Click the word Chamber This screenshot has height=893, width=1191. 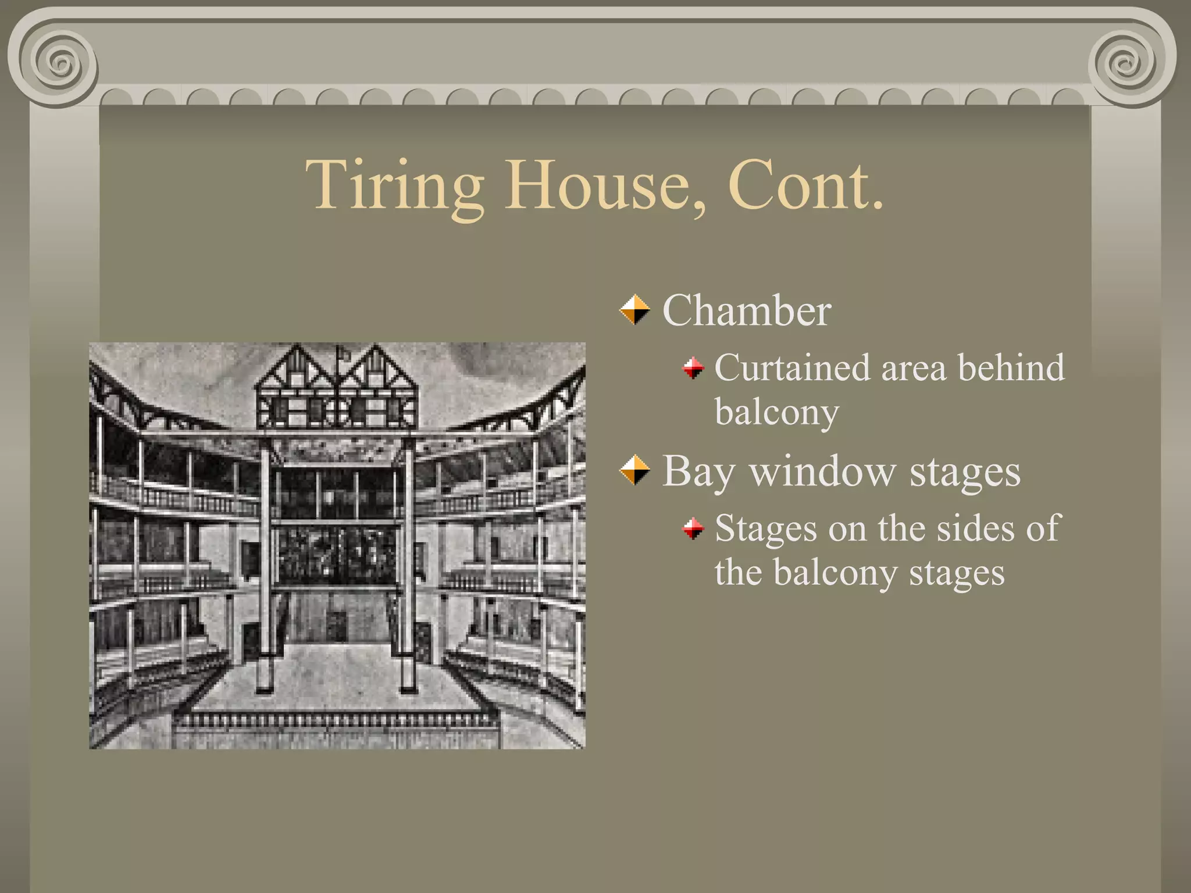pyautogui.click(x=747, y=310)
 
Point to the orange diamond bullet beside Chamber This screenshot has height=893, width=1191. pyautogui.click(x=634, y=310)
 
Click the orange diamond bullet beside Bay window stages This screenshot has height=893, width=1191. pyautogui.click(x=634, y=470)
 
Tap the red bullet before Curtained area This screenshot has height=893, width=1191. pyautogui.click(x=693, y=367)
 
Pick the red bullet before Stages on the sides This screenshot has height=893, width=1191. pyautogui.click(x=693, y=528)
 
